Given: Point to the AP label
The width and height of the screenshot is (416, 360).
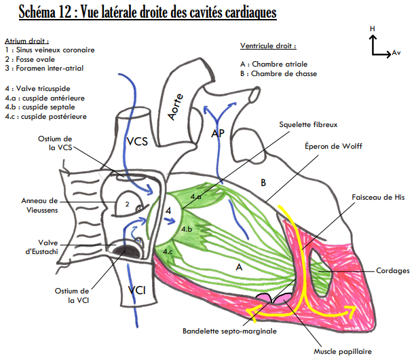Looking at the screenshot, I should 217,134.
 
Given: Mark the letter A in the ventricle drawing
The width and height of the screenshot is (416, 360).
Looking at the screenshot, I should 239,267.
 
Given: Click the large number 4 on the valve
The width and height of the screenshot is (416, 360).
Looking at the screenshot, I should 168,211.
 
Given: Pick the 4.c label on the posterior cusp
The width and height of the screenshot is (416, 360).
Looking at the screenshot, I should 168,251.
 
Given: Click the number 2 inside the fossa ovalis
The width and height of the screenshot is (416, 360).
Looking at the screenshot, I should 126,203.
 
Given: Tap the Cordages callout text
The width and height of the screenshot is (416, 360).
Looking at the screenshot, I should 392,270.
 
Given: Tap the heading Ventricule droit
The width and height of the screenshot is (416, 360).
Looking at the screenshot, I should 268,46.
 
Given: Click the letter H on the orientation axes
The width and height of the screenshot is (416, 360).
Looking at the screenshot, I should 372,29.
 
